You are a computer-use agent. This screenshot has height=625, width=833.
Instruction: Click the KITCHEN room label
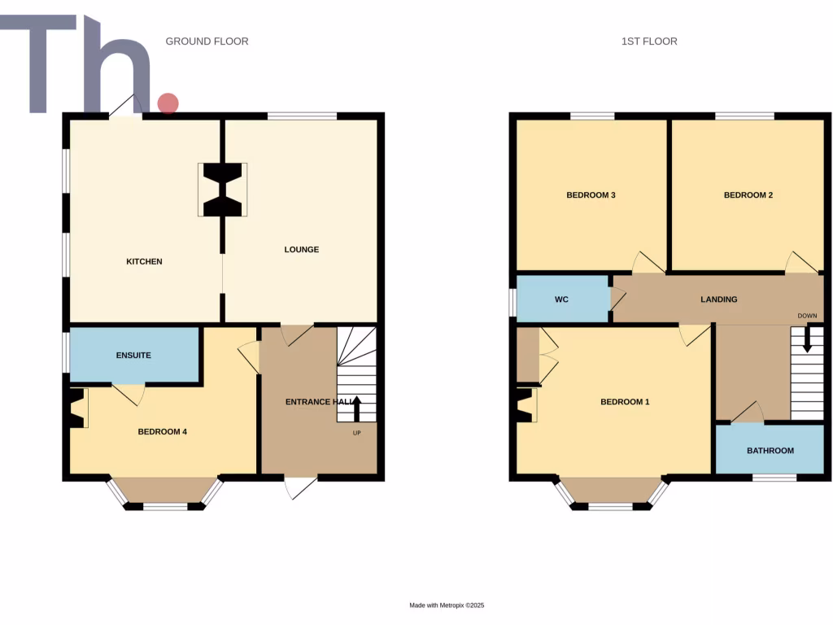click(x=144, y=261)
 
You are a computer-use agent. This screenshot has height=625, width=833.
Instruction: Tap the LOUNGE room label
click(x=301, y=249)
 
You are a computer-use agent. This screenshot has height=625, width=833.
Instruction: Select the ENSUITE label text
click(x=133, y=355)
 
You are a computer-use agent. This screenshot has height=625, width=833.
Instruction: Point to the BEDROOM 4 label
click(x=163, y=431)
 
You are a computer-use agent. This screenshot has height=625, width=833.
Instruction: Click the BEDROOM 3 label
click(x=591, y=195)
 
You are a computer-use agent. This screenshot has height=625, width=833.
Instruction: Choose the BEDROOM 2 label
click(x=748, y=195)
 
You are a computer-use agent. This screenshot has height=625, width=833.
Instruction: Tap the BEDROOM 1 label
click(x=625, y=402)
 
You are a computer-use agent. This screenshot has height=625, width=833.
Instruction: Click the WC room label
click(x=561, y=299)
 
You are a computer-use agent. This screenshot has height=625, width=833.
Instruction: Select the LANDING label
click(x=719, y=299)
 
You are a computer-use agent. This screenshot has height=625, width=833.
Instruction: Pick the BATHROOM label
click(x=770, y=450)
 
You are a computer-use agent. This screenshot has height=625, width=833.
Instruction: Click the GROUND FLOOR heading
click(x=207, y=41)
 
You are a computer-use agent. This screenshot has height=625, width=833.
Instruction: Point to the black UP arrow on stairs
click(x=356, y=407)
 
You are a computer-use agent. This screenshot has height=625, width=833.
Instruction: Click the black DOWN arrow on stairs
click(x=807, y=339)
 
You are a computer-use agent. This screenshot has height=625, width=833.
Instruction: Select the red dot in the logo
click(x=168, y=103)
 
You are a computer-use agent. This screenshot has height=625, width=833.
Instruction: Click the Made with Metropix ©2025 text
click(x=447, y=605)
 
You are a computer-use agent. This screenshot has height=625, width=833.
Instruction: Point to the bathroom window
click(x=774, y=478)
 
